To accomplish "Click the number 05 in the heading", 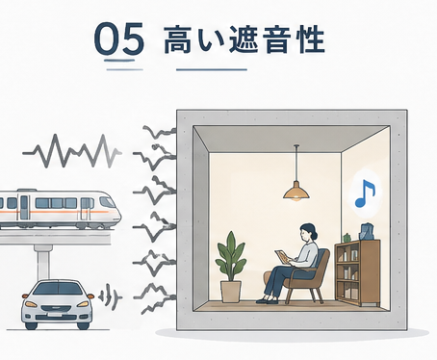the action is [x=119, y=39].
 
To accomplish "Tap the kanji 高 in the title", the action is [x=178, y=40].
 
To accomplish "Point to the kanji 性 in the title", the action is [x=311, y=40].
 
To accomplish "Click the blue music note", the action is [x=365, y=193].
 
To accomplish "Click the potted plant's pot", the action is [x=231, y=292].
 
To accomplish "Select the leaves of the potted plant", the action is [x=231, y=256].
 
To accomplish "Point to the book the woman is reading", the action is [x=281, y=257].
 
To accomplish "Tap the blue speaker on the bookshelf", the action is [x=367, y=232].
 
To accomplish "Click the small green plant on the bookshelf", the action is [x=347, y=238].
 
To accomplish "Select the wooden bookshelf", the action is [x=357, y=272].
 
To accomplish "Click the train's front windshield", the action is [x=107, y=202].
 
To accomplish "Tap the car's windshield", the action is [x=58, y=289].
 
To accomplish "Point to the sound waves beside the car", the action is [x=110, y=297].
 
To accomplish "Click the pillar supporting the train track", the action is [x=42, y=262].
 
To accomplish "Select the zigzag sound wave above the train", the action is [x=72, y=152].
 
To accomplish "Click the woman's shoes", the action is [x=267, y=301].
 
